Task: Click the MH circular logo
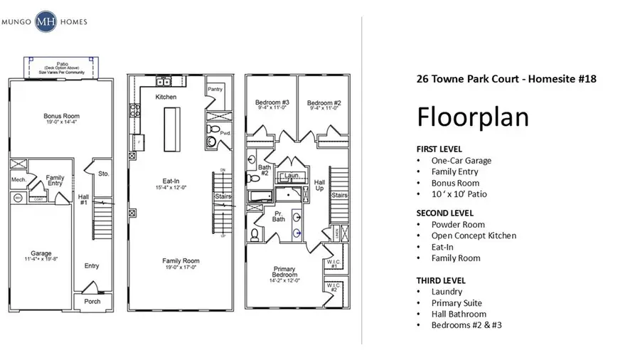tap(48, 22)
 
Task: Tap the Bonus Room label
tap(61, 116)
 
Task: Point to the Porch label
tap(92, 301)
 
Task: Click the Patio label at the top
tap(62, 63)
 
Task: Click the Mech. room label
tap(18, 180)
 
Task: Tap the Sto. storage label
tap(103, 172)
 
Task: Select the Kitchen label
tap(166, 97)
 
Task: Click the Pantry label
tap(215, 89)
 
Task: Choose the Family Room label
tap(181, 261)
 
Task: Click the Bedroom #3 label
tap(271, 103)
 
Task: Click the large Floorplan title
tap(472, 115)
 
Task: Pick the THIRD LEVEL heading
tap(440, 280)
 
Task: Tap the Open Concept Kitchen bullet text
tap(474, 235)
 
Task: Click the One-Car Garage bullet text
tap(461, 160)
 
